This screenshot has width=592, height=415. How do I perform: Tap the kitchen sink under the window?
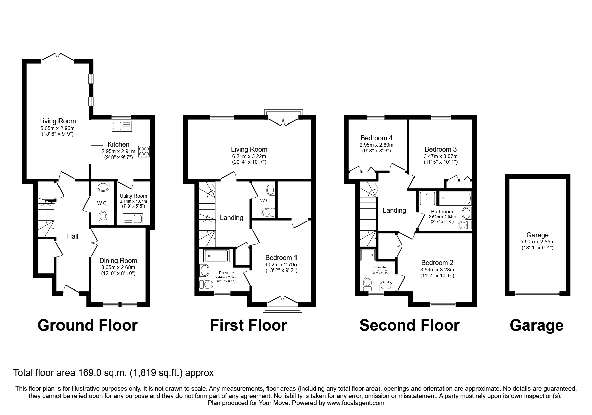click(x=122, y=126)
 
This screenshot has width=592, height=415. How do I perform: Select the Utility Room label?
click(x=133, y=196)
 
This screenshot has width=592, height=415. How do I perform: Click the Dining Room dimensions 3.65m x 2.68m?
click(x=118, y=267)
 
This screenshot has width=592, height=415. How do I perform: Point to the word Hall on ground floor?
click(x=73, y=236)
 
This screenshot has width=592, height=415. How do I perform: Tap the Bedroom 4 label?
click(x=376, y=138)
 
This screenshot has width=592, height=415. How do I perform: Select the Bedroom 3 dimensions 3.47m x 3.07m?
click(x=440, y=156)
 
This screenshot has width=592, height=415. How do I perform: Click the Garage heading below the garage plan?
click(x=537, y=325)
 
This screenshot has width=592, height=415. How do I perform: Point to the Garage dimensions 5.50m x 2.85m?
click(x=537, y=242)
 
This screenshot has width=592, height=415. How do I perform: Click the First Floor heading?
click(x=248, y=325)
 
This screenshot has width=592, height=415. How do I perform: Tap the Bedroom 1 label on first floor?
click(x=281, y=258)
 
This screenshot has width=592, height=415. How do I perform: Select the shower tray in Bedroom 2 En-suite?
click(x=368, y=255)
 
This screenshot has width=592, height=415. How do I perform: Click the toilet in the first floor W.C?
click(x=268, y=212)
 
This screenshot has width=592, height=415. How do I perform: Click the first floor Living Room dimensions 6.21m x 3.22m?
click(x=249, y=156)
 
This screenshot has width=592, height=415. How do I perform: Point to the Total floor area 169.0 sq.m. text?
click(x=113, y=373)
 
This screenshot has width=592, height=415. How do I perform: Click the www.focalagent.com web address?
click(x=355, y=403)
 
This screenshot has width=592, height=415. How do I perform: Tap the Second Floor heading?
click(x=409, y=325)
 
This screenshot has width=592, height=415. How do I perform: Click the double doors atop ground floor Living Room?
click(x=57, y=57)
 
